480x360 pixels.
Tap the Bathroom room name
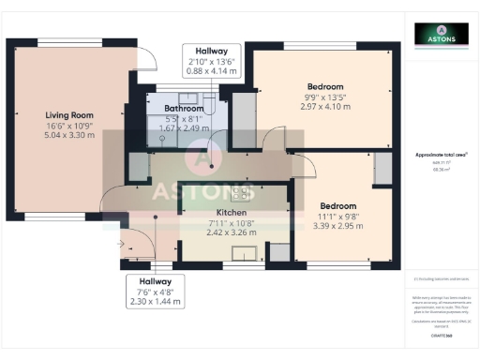(186, 108)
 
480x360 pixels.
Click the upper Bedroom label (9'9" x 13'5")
(323, 86)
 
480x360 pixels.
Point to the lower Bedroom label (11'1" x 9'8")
(337, 205)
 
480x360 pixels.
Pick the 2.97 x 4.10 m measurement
(323, 107)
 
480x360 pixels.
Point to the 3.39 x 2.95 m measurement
(337, 226)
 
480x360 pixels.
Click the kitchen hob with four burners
(245, 193)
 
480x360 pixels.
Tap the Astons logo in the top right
(441, 34)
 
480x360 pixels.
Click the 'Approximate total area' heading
(441, 155)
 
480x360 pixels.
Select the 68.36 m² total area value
(441, 170)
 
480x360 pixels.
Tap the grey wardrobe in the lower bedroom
(382, 170)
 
